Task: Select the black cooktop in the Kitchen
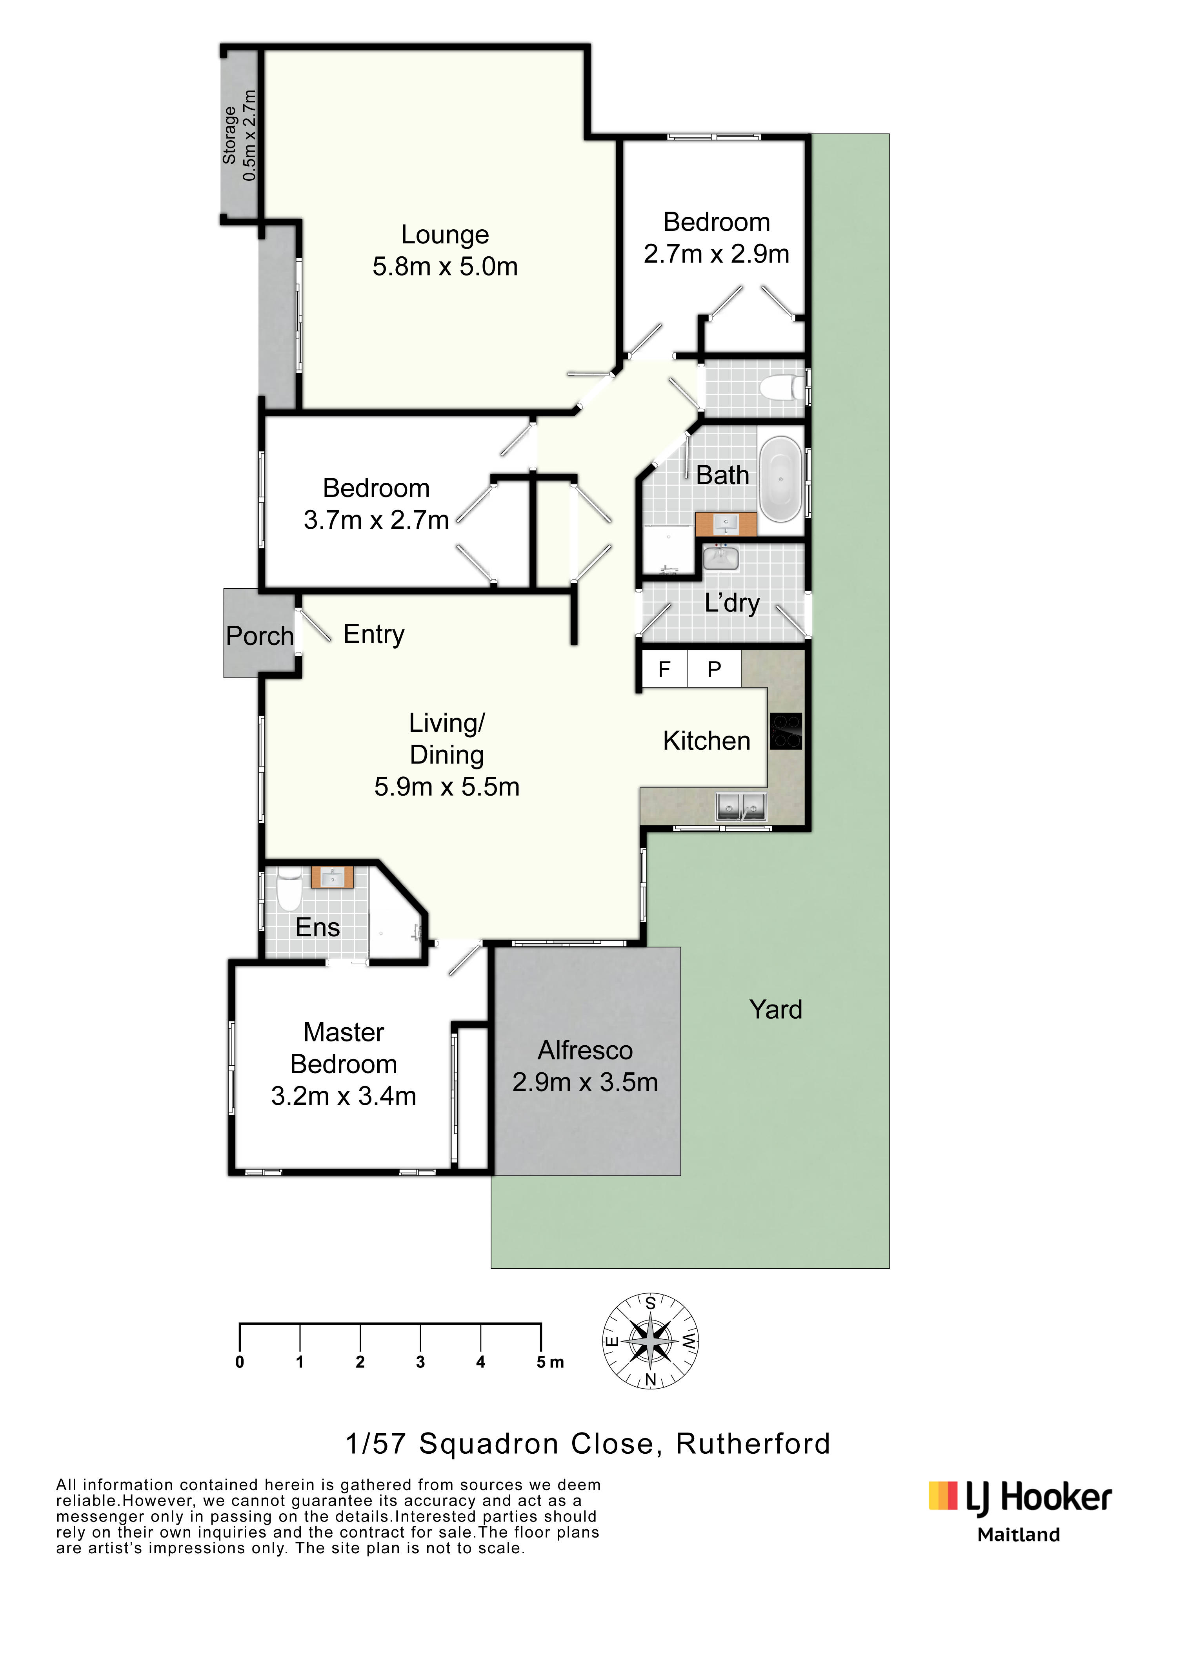(x=786, y=731)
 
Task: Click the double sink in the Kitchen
(x=741, y=806)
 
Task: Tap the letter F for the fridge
(x=664, y=669)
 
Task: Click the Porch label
(x=260, y=636)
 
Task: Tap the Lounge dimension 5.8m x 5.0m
(x=445, y=267)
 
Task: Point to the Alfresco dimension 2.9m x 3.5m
(x=585, y=1082)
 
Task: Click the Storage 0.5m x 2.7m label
(x=239, y=136)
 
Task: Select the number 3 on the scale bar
(x=420, y=1362)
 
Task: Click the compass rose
(x=651, y=1341)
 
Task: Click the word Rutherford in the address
(x=753, y=1444)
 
